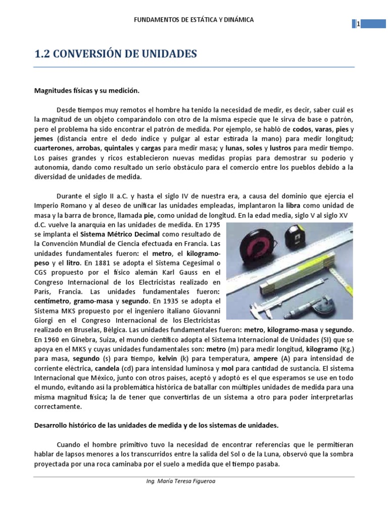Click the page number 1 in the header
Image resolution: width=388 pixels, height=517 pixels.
tap(358, 24)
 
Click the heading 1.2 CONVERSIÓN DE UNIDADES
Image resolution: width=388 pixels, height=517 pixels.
tap(115, 54)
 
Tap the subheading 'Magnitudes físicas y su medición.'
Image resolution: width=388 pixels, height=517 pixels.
tap(86, 91)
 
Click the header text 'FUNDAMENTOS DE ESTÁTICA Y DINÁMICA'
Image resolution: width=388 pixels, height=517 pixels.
tap(193, 20)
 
